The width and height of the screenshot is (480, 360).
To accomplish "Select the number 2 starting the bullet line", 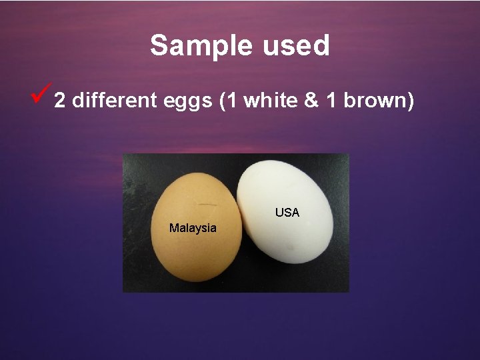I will tap(60, 101).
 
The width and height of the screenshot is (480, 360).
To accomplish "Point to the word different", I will tap(113, 101).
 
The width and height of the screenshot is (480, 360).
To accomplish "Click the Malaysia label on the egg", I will tap(193, 228).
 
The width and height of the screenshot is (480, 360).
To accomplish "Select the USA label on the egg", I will tap(287, 213).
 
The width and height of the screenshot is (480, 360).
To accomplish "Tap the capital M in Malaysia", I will tap(173, 228).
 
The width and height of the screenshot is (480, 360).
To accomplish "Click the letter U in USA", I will tap(279, 213).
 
